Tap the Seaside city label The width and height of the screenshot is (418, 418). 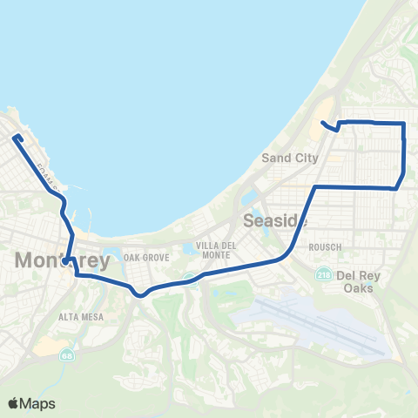point(272,219)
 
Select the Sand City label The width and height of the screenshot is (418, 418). point(290,158)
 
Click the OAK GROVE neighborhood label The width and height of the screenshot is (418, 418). point(145,258)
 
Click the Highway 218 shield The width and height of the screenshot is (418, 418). point(323,274)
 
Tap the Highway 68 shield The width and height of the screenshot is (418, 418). point(67,355)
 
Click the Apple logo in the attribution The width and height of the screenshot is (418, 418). point(13,403)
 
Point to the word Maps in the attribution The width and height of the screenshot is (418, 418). point(38,403)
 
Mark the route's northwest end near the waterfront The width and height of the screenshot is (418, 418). point(15,135)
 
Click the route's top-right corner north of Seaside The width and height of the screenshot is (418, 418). point(404,125)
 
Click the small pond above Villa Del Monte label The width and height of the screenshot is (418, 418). point(189,250)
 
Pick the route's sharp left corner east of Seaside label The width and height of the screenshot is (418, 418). point(314,187)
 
